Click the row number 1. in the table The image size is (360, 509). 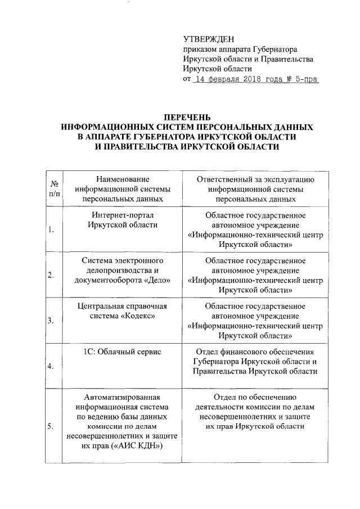tap(51, 229)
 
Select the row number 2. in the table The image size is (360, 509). tap(51, 275)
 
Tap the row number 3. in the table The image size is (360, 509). tap(51, 321)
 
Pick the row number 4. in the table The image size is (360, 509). tap(51, 367)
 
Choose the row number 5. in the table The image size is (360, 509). tap(51, 426)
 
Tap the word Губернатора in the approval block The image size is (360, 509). tap(276, 49)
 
